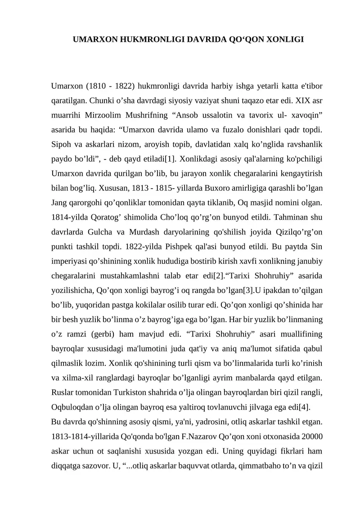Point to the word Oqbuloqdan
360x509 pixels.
click(76, 408)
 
